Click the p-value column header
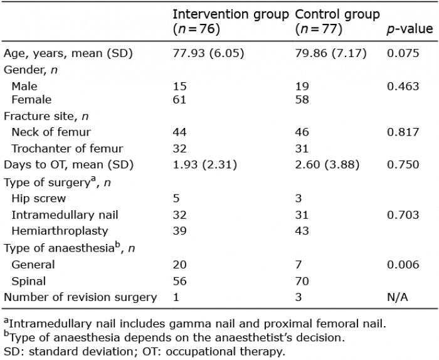[x=410, y=29]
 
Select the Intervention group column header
[x=230, y=21]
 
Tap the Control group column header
[x=337, y=21]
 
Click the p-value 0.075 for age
[x=403, y=53]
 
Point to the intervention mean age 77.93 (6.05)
[x=208, y=53]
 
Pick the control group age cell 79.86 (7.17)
[x=331, y=53]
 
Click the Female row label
[x=31, y=100]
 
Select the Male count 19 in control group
[x=302, y=86]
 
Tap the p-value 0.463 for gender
[x=403, y=86]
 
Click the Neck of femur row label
[x=51, y=132]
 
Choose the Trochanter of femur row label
[x=67, y=149]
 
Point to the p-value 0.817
[x=403, y=132]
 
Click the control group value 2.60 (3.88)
[x=327, y=164]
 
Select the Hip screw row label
[x=39, y=198]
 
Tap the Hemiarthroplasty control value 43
[x=302, y=231]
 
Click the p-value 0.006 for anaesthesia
[x=403, y=265]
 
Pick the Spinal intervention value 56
[x=179, y=281]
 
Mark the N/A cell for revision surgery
[x=397, y=297]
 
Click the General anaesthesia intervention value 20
[x=179, y=265]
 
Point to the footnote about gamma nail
[x=195, y=324]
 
